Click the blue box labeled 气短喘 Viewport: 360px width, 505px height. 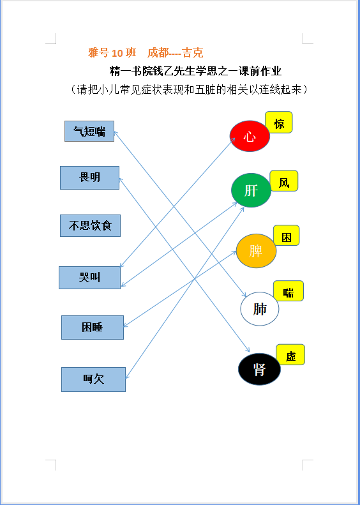89,131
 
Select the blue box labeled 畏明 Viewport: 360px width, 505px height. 89,177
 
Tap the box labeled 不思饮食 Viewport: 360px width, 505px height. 90,225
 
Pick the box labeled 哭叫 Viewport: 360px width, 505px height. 89,278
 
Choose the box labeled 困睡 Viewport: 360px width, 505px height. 93,328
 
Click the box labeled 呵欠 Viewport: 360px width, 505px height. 93,379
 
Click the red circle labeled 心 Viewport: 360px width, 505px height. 250,136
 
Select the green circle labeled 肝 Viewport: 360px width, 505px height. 251,190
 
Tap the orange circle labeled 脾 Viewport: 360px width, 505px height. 256,251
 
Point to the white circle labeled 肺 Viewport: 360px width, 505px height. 260,309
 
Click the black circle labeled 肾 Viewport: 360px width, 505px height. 259,369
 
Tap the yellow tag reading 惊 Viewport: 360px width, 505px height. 279,123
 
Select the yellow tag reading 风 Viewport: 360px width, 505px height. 283,181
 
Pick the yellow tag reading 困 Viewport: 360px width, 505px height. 286,235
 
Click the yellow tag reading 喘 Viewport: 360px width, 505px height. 289,291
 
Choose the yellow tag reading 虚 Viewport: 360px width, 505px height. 290,354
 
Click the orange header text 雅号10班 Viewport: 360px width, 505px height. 112,53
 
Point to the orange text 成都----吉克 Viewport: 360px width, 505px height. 175,53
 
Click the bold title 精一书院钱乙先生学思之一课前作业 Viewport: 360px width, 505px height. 195,71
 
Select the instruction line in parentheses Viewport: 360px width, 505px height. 189,89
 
